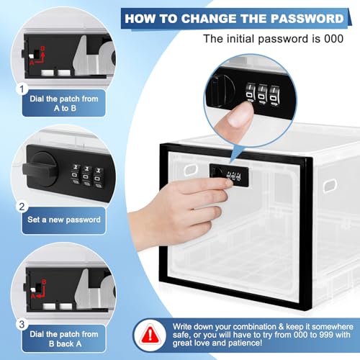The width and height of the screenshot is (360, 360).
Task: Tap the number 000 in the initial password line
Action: point(333,39)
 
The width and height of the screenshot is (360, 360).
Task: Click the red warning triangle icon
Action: point(150,334)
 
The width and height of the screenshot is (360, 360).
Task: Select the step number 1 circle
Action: point(22,89)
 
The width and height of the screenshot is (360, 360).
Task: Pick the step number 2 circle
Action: point(22,207)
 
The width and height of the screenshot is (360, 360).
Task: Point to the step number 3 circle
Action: point(22,325)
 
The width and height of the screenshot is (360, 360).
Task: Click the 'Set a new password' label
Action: point(64,220)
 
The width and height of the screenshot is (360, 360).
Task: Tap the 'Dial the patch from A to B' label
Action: point(64,104)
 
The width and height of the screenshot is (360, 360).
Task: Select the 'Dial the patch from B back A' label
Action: point(64,339)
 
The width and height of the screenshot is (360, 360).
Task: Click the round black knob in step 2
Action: point(43,169)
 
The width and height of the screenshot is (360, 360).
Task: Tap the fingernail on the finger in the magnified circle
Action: point(240,114)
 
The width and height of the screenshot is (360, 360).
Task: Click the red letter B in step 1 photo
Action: point(42,49)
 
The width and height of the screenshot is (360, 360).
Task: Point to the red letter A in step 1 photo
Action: point(32,63)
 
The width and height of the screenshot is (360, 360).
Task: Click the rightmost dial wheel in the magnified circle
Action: point(274,95)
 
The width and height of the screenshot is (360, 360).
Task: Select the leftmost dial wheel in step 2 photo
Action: point(76,174)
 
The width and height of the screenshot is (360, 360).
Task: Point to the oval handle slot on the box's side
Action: point(330,186)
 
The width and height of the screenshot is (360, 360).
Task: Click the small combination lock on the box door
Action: point(229,175)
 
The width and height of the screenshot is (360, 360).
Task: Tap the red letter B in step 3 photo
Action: point(44,282)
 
